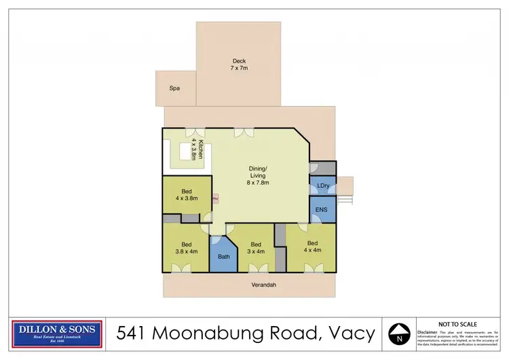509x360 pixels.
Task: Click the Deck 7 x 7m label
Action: [238, 65]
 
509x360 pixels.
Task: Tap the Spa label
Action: [175, 88]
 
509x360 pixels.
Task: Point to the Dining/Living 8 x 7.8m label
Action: [257, 179]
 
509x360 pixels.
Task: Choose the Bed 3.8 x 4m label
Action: [186, 248]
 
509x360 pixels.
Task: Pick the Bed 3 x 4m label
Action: [256, 248]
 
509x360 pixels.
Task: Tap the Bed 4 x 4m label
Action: [312, 247]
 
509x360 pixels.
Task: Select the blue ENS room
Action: [322, 210]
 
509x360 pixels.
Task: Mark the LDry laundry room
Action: [322, 186]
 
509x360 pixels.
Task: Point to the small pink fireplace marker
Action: [216, 198]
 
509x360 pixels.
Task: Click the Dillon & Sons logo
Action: [58, 333]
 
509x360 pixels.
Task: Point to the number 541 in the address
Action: [132, 333]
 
